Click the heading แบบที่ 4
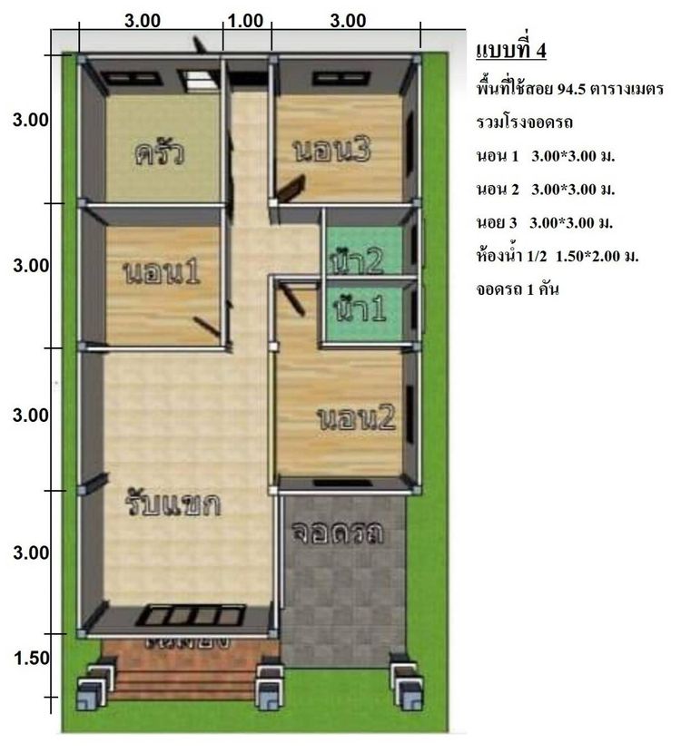click(510, 50)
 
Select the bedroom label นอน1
click(160, 272)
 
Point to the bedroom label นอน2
click(358, 418)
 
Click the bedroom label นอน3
click(331, 151)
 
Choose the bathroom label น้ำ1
click(360, 310)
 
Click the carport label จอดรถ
click(338, 533)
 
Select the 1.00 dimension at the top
click(246, 21)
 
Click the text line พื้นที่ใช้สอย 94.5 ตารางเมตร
click(569, 90)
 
